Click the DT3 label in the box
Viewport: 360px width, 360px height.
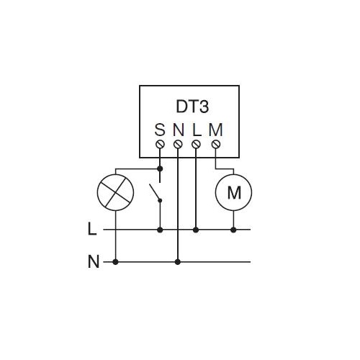coord(192,107)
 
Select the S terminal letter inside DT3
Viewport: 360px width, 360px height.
coord(160,130)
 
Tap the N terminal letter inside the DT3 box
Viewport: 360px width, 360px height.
coord(179,130)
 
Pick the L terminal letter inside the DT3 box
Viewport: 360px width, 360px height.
coord(197,130)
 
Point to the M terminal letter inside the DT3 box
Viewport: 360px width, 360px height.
coord(216,130)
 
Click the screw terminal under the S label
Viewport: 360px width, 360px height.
coord(160,145)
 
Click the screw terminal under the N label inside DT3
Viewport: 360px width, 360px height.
coord(178,145)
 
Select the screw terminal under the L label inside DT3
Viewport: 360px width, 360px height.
coord(196,145)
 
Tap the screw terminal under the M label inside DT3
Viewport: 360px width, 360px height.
coord(216,145)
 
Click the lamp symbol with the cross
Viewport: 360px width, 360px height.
coord(115,192)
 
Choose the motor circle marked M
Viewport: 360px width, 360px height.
coord(234,192)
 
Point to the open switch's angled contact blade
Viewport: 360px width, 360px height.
coord(155,192)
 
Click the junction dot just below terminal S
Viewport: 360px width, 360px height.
coord(160,169)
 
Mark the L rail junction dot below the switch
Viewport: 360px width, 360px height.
coord(160,230)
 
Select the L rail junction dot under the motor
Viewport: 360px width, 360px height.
coord(233,230)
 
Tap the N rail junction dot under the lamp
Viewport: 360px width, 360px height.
coord(115,262)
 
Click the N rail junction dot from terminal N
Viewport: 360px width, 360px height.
coord(178,262)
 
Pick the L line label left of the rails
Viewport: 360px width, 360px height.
coord(92,229)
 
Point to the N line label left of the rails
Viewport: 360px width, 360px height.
coord(94,261)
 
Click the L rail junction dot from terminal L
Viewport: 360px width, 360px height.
coord(196,230)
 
